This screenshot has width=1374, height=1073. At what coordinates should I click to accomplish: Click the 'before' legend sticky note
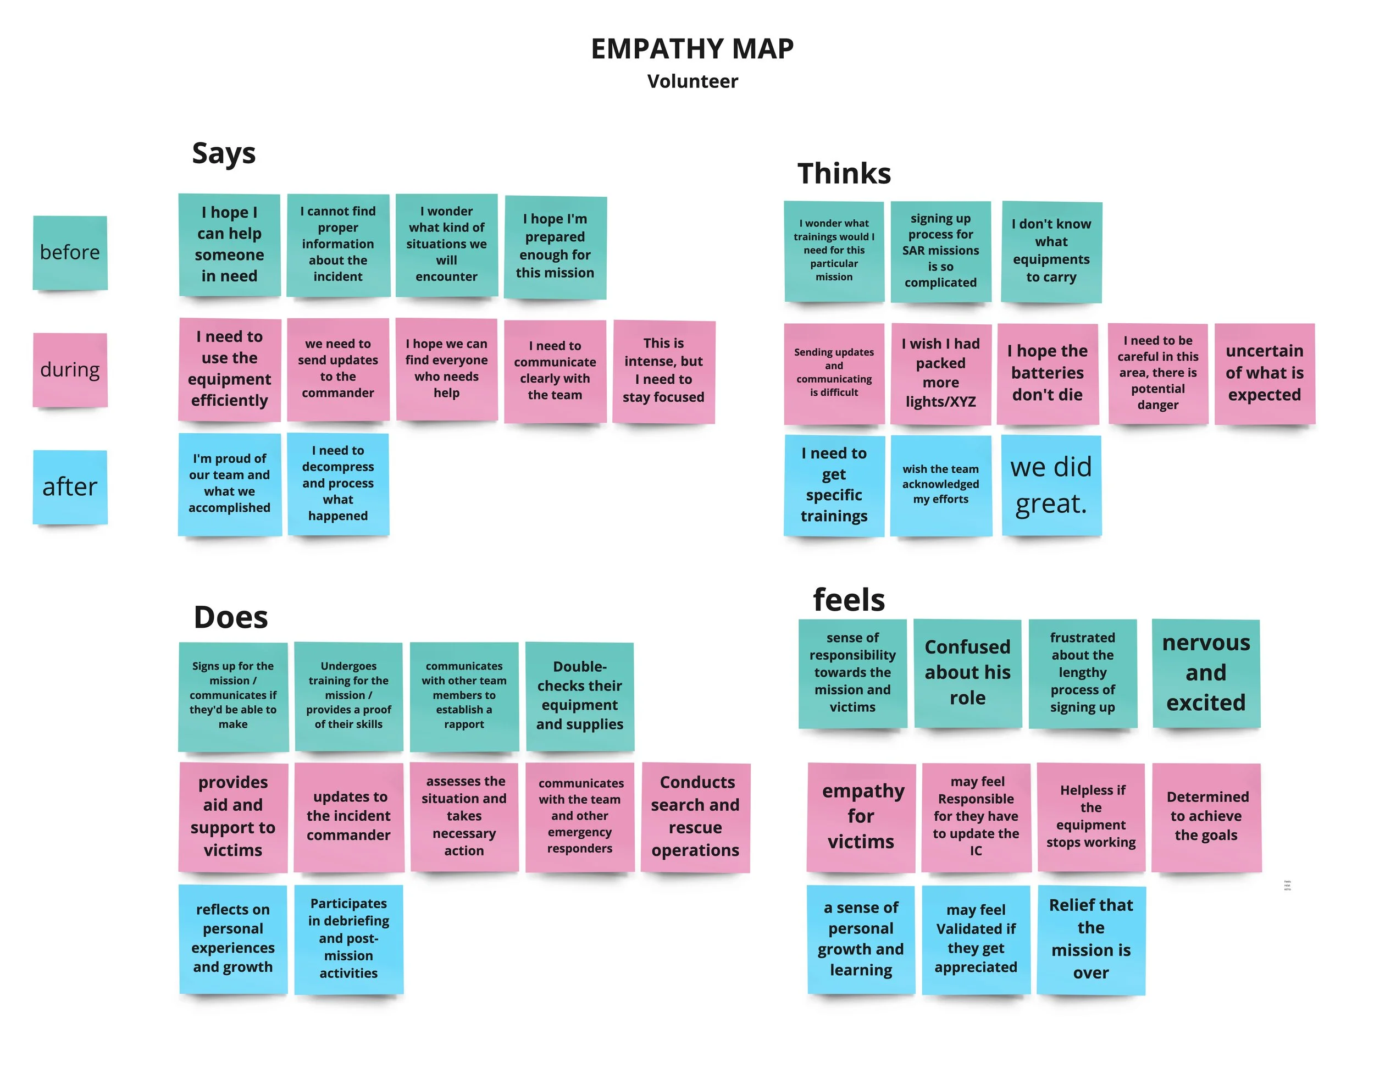click(70, 252)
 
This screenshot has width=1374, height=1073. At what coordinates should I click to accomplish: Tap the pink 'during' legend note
click(70, 369)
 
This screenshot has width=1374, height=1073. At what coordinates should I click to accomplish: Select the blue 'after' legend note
click(70, 486)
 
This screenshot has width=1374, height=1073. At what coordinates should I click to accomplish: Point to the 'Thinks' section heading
click(844, 173)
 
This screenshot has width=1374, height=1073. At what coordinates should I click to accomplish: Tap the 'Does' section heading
click(231, 617)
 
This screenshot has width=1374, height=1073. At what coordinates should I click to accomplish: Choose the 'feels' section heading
click(849, 600)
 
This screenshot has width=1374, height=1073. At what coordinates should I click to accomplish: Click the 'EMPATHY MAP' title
click(692, 49)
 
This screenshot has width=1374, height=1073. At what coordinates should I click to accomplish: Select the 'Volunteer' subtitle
click(692, 81)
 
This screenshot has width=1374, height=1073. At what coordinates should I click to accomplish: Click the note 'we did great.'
click(1051, 485)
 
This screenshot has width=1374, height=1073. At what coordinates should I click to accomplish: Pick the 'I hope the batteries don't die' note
click(1048, 373)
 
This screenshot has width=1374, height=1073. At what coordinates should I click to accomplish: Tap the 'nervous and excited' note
click(1206, 673)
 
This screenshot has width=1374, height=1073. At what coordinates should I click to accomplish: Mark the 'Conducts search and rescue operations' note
click(695, 816)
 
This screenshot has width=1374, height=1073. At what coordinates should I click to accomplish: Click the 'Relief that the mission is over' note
click(1091, 939)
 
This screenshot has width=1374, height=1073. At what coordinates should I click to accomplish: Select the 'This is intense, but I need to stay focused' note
click(664, 370)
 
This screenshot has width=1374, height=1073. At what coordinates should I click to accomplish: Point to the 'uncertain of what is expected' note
click(1265, 373)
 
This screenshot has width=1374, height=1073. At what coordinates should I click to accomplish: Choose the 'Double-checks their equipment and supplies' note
click(579, 695)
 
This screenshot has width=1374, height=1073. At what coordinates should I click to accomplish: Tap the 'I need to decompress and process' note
click(338, 483)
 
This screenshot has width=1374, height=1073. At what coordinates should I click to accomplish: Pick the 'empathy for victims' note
click(861, 816)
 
